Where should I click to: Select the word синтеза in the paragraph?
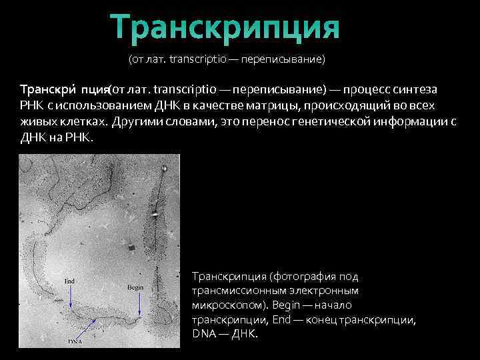[418, 89]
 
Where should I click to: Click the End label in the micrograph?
[69, 281]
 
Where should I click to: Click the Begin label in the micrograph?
[135, 287]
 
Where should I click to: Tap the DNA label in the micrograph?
[75, 341]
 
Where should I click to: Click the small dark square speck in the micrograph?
[131, 248]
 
